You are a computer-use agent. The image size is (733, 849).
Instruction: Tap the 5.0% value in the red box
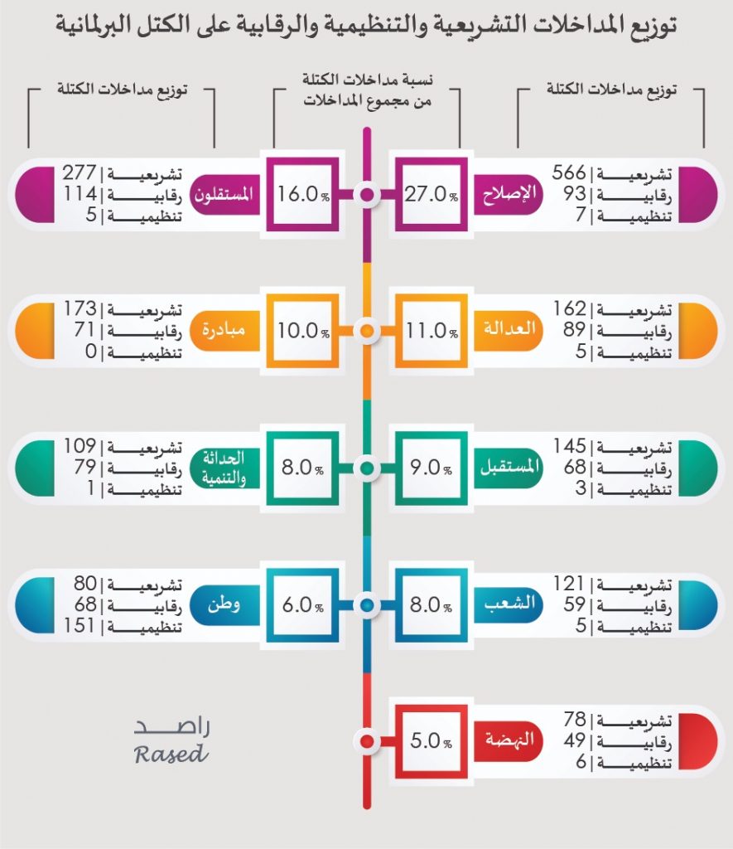pyautogui.click(x=428, y=740)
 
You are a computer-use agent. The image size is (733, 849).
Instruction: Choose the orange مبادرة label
pyautogui.click(x=223, y=330)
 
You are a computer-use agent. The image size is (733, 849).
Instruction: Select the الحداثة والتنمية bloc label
pyautogui.click(x=222, y=466)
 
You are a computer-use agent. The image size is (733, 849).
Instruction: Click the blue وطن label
pyautogui.click(x=223, y=604)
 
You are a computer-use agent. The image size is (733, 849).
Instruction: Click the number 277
pyautogui.click(x=80, y=173)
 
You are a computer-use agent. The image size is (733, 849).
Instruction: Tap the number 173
pyautogui.click(x=80, y=309)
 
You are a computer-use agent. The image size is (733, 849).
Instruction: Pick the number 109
pyautogui.click(x=80, y=446)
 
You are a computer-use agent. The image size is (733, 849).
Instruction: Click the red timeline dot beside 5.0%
pyautogui.click(x=366, y=740)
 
